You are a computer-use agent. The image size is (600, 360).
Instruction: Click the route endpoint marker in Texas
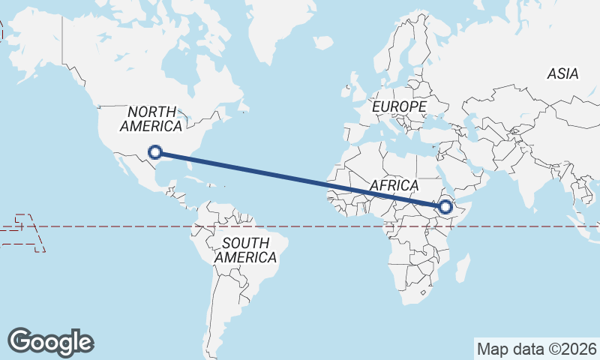point(155,151)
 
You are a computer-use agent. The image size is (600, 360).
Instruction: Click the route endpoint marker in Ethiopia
point(445,206)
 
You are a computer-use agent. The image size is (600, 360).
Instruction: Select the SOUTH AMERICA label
point(245,250)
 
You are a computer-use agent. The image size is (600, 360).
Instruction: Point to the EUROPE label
point(398,107)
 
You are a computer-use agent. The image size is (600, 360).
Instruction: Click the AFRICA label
point(394,184)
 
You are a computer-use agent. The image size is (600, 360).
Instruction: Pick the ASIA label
point(562,73)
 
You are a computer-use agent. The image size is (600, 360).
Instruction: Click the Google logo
point(50,341)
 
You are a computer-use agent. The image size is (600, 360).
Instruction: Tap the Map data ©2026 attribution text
point(537,349)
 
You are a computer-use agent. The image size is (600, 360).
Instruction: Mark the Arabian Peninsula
point(465,169)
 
